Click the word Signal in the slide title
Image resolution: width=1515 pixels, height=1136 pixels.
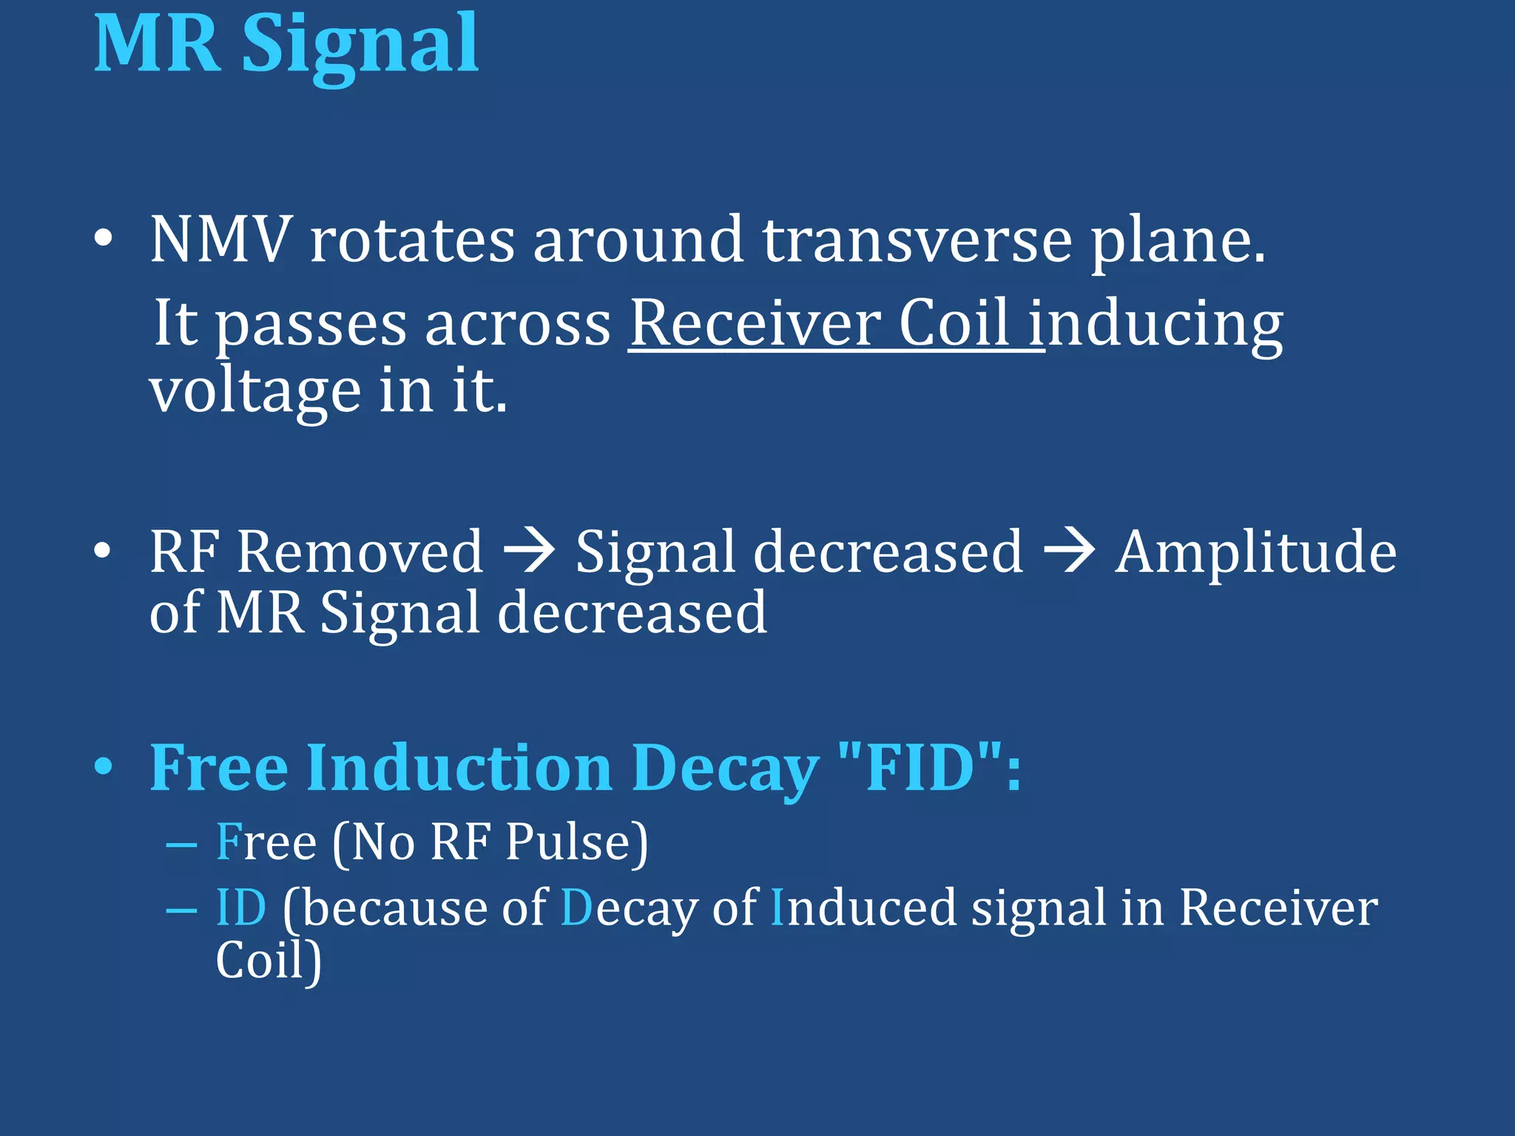(x=360, y=46)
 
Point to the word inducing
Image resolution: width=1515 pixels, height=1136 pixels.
(x=1164, y=323)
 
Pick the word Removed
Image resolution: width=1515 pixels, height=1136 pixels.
(x=360, y=552)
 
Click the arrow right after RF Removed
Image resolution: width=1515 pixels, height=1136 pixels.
(x=528, y=552)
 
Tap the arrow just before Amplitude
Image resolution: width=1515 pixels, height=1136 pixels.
(x=1068, y=552)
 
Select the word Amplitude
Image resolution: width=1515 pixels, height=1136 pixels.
(x=1255, y=552)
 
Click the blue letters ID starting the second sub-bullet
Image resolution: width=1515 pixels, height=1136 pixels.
(x=241, y=907)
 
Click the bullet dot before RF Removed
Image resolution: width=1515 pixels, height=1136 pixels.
(x=104, y=551)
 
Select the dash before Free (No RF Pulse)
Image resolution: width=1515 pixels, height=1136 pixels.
(x=182, y=844)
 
